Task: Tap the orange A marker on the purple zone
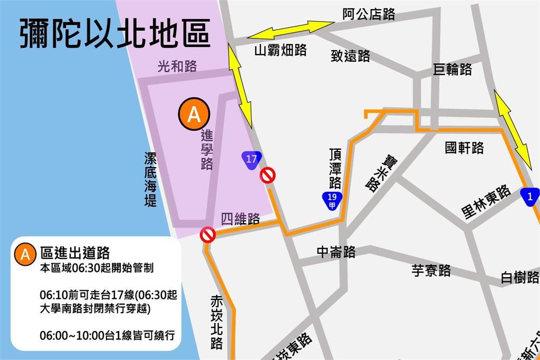click(194, 114)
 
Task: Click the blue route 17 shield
click(251, 159)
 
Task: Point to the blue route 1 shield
click(529, 197)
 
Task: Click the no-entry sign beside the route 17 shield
click(268, 175)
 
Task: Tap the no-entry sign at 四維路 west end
click(208, 235)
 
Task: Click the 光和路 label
click(177, 66)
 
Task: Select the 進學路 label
click(207, 150)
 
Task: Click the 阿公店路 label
click(369, 14)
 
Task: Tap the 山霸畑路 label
click(281, 50)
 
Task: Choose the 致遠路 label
click(351, 56)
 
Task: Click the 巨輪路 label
click(452, 70)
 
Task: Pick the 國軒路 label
click(464, 148)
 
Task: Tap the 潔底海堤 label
click(150, 180)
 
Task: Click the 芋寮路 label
click(431, 271)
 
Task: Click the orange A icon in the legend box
click(25, 254)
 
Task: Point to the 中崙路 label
click(336, 252)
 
